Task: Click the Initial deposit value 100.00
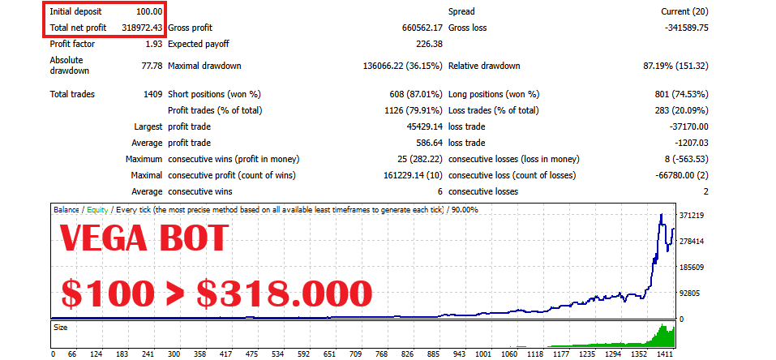pyautogui.click(x=149, y=12)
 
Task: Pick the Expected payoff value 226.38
pyautogui.click(x=427, y=44)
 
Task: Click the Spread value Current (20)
pyautogui.click(x=684, y=12)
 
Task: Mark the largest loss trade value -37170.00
pyautogui.click(x=684, y=126)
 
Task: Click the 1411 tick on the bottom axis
pyautogui.click(x=666, y=354)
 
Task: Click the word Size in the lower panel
pyautogui.click(x=61, y=329)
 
